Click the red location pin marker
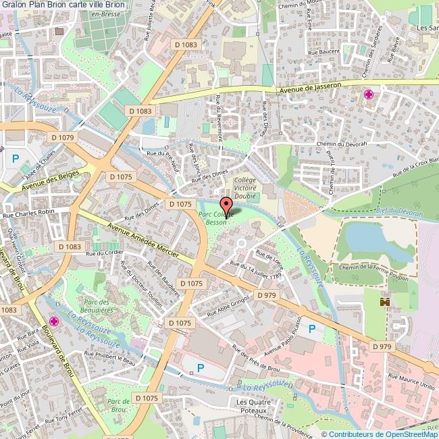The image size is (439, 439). pyautogui.click(x=226, y=205)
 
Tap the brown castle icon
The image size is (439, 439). pyautogui.click(x=386, y=302)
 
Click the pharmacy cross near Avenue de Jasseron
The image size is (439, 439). pyautogui.click(x=369, y=94)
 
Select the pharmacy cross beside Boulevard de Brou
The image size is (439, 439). pyautogui.click(x=53, y=321)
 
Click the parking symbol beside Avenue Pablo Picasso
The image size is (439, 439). pyautogui.click(x=311, y=329)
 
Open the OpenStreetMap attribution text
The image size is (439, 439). pyautogui.click(x=379, y=434)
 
